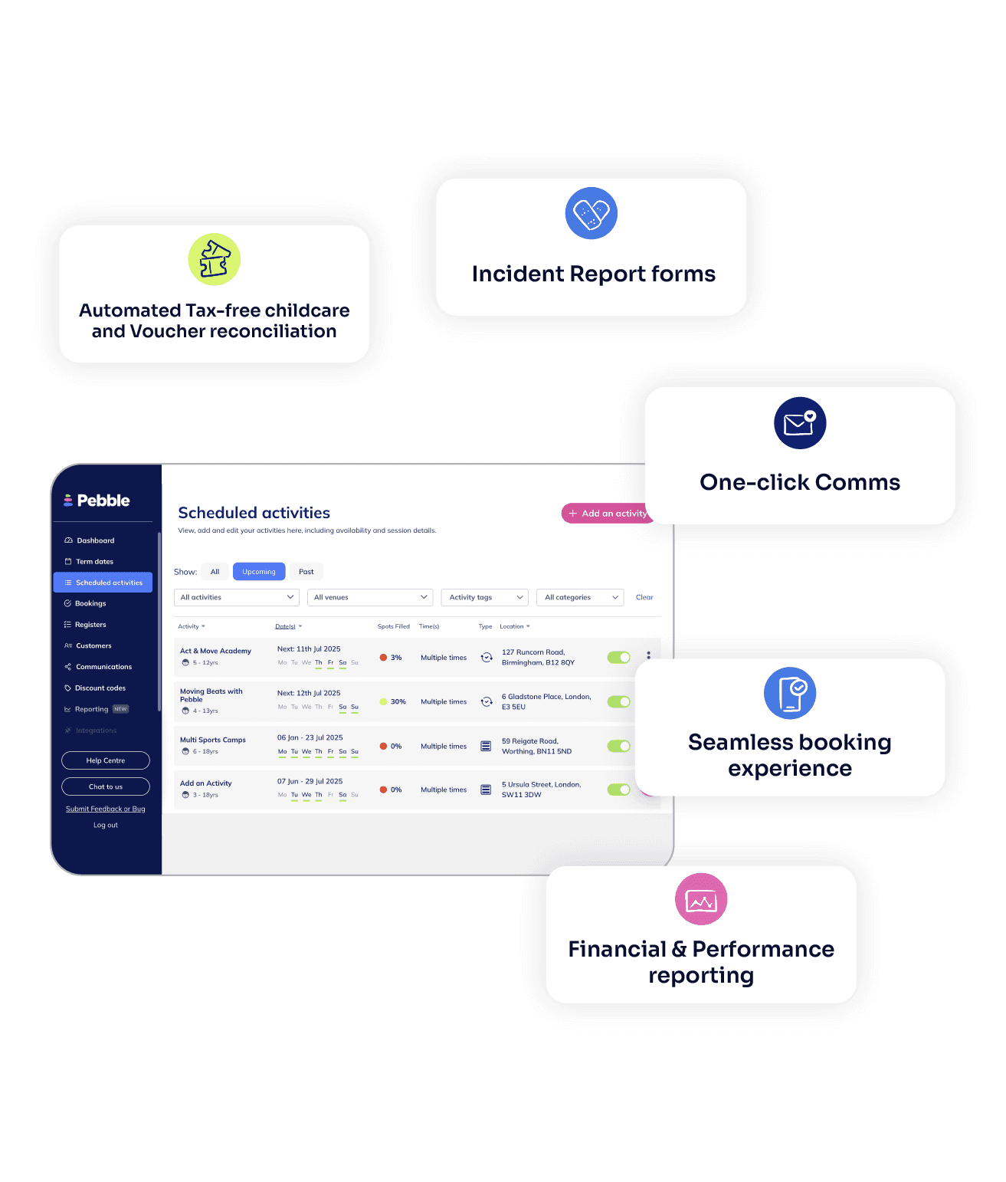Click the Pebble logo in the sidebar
pyautogui.click(x=97, y=501)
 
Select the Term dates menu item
pyautogui.click(x=94, y=562)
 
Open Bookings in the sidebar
pyautogui.click(x=90, y=604)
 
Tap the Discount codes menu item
pyautogui.click(x=100, y=688)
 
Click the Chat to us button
pyautogui.click(x=106, y=786)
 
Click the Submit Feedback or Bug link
pyautogui.click(x=106, y=809)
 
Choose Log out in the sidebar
pyautogui.click(x=106, y=826)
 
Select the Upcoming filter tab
pyautogui.click(x=259, y=572)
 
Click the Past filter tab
pyautogui.click(x=306, y=572)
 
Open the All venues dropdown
pyautogui.click(x=370, y=598)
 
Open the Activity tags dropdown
pyautogui.click(x=484, y=598)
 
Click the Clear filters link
pyautogui.click(x=644, y=598)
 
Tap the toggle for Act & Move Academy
pyautogui.click(x=619, y=657)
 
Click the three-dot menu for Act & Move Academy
pyautogui.click(x=648, y=656)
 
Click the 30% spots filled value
pyautogui.click(x=398, y=702)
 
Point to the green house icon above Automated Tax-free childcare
pyautogui.click(x=215, y=259)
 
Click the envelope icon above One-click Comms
pyautogui.click(x=800, y=423)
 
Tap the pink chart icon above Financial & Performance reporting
pyautogui.click(x=701, y=899)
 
